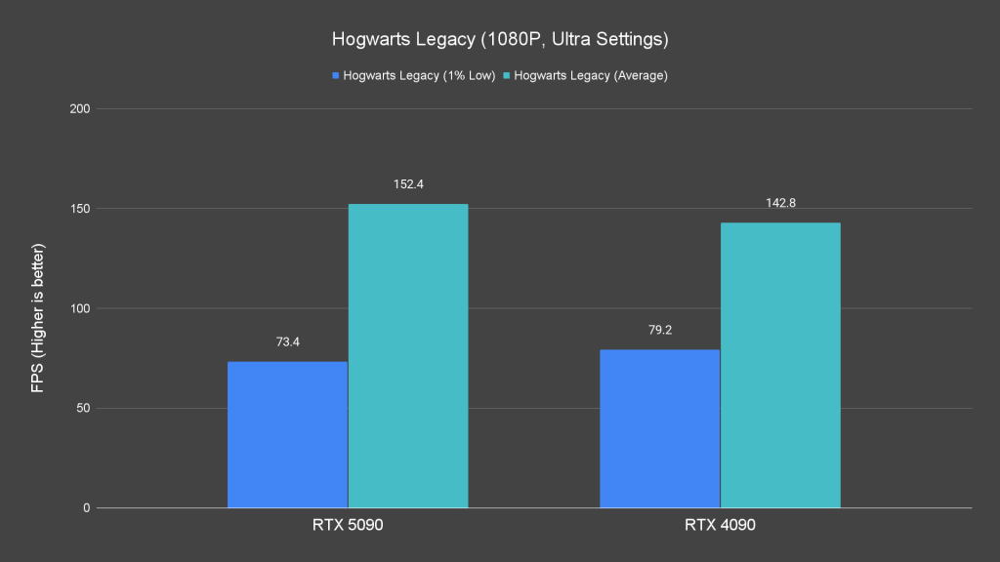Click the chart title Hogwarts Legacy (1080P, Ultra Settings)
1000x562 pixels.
[499, 40]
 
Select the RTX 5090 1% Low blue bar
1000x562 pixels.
[287, 434]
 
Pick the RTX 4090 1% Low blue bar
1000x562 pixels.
[659, 428]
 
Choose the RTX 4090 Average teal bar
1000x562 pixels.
[780, 365]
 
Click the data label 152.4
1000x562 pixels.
[408, 184]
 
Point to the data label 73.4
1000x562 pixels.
[287, 342]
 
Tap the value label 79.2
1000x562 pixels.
[659, 331]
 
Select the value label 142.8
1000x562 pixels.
[780, 203]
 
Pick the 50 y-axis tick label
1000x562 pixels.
[83, 409]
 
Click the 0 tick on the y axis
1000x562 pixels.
[87, 508]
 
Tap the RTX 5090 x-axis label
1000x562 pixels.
[348, 526]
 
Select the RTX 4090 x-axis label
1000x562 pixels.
[720, 526]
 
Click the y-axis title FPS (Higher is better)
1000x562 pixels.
[38, 308]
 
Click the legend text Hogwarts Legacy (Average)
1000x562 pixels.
[590, 75]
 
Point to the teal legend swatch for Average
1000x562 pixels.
[506, 75]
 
